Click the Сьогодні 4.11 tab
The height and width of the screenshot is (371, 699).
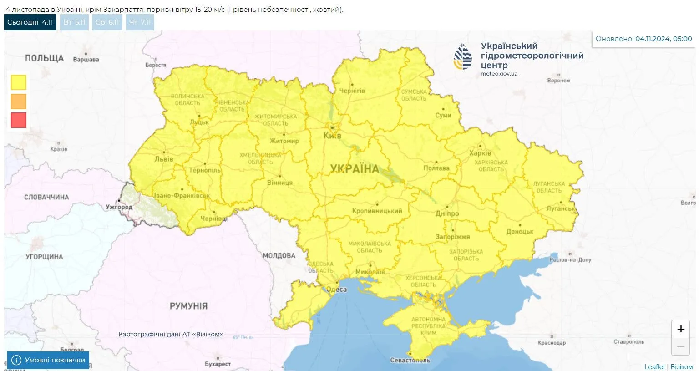coord(30,22)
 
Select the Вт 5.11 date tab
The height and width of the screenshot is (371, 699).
coord(74,22)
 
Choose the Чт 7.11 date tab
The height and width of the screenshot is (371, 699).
coord(140,22)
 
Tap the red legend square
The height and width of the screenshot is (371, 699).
coord(19,120)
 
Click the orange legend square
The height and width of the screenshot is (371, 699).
coord(19,101)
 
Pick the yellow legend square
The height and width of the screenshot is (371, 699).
coord(19,82)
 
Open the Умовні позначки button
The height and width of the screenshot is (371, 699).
coord(48,360)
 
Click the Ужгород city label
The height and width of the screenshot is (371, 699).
coord(119,207)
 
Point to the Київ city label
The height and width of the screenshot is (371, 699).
coord(332,136)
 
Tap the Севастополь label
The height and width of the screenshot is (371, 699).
coord(410,360)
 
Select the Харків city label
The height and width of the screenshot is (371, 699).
coord(480,153)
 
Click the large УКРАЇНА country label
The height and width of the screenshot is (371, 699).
coord(355,169)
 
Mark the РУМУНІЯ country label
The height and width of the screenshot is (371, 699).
coord(188,306)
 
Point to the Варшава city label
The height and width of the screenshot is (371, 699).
coord(86,60)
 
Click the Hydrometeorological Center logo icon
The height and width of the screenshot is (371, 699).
coord(463,57)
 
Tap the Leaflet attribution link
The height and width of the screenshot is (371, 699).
coord(654,366)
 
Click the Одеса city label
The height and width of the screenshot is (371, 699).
coord(336,290)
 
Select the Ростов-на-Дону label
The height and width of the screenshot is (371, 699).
coord(570,260)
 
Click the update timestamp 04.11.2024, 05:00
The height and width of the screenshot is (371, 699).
coord(664,39)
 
